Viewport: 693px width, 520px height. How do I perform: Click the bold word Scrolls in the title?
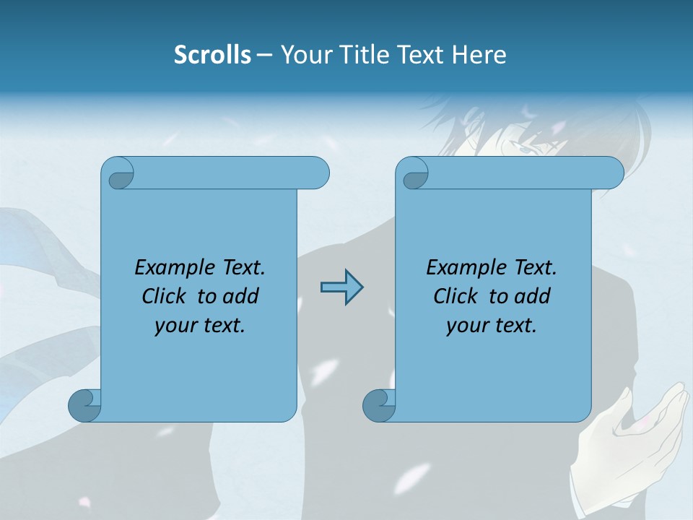pos(213,55)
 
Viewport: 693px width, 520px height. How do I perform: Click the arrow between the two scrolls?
pos(341,287)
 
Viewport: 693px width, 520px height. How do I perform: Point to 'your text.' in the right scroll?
pos(492,325)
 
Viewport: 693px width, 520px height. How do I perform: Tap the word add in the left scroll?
pos(241,296)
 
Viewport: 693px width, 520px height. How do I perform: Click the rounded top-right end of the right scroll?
pos(611,173)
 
